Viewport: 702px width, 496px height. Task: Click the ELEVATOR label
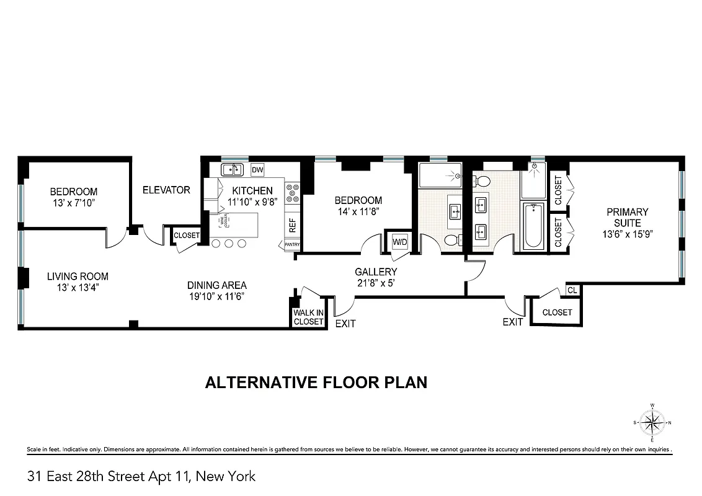coord(166,190)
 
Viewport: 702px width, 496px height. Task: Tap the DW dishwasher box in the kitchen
coord(257,170)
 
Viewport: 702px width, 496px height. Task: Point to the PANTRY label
coord(292,245)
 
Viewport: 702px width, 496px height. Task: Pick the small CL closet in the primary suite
coord(572,290)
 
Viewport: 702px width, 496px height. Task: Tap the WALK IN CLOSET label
coord(308,317)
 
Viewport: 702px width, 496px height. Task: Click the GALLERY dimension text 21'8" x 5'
coord(376,283)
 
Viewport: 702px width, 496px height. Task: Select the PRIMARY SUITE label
coord(627,217)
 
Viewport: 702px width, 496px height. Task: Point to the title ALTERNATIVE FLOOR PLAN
coord(316,382)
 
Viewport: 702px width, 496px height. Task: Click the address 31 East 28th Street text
coord(141,476)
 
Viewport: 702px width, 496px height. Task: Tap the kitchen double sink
coord(233,169)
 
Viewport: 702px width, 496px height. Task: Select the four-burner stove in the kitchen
coord(292,193)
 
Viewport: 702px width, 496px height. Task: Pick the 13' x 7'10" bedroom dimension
coord(74,203)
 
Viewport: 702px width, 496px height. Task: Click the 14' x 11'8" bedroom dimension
coord(358,211)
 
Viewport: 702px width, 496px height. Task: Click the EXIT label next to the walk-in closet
coord(345,324)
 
